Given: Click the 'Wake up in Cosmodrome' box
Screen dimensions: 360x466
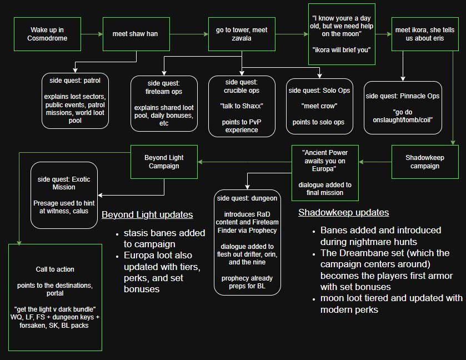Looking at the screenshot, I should [47, 34].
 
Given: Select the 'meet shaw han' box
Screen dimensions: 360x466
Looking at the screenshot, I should [136, 34].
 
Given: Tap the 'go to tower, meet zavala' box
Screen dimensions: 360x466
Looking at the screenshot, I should [242, 34].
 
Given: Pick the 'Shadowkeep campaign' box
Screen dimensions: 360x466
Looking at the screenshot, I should [425, 162].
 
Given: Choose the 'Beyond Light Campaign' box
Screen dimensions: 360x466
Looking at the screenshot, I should [164, 162].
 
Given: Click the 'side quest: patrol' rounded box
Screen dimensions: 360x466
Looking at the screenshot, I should [75, 101].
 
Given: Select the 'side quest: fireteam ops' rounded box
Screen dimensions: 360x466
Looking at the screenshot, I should [164, 103].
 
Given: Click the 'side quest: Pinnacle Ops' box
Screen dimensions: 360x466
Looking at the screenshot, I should [403, 108].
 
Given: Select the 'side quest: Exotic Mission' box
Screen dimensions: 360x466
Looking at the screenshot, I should [64, 195].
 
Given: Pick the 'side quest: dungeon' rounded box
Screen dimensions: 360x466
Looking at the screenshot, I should [247, 242].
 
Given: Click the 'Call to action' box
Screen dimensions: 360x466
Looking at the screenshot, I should [55, 297].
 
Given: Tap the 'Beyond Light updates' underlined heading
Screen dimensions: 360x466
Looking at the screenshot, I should [147, 215].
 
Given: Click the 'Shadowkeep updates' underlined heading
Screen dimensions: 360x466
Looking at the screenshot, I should [343, 212].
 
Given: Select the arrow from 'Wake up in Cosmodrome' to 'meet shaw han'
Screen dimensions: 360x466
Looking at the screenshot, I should [92, 34].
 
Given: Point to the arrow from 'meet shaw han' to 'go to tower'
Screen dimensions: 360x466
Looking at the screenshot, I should [188, 34].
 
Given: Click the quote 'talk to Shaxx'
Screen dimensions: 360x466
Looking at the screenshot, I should [242, 106].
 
